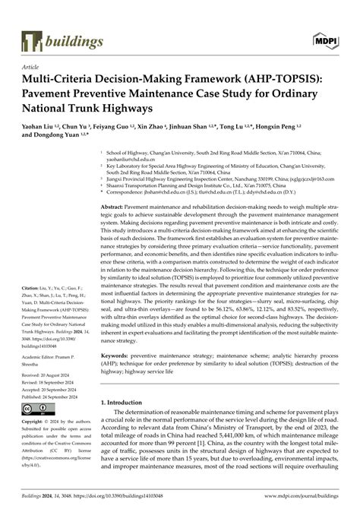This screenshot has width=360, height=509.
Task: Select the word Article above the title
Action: (31, 67)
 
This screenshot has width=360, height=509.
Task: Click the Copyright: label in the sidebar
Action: (36, 420)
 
